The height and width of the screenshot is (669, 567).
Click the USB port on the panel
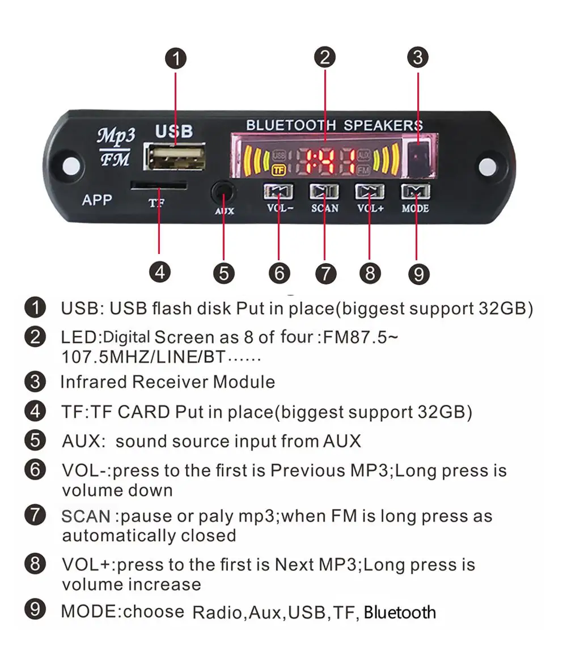175,156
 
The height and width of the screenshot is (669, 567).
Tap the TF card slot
159,185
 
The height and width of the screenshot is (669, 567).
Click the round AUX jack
223,193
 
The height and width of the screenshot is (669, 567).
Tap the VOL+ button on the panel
370,192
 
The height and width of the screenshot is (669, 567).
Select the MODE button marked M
416,192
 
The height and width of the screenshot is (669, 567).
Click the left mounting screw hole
71,165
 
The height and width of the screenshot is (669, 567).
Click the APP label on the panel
98,200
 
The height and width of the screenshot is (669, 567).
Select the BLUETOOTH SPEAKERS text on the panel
335,125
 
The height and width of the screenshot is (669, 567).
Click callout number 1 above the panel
176,58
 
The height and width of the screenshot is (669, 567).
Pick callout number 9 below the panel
419,274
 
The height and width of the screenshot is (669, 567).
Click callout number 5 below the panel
224,273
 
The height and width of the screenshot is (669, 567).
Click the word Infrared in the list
93,382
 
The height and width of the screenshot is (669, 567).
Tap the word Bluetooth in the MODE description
400,612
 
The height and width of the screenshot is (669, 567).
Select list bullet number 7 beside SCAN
35,515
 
